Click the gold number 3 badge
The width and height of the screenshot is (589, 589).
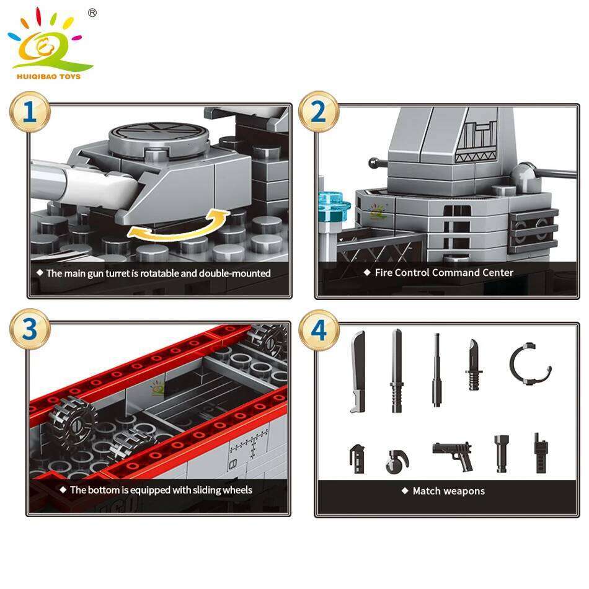29,330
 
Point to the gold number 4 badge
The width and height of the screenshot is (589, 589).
318,330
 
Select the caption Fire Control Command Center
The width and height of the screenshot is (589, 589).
444,273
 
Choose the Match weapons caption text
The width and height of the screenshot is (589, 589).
448,491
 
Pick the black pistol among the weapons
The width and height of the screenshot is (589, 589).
453,453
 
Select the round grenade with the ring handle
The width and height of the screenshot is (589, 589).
397,462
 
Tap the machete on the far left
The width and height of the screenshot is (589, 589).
358,371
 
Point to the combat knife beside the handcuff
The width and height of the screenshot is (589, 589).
474,365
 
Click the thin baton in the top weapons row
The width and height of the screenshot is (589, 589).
436,370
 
